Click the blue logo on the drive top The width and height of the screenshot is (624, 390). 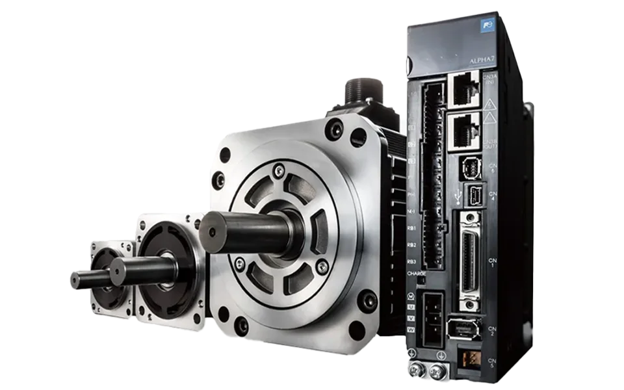[487, 28]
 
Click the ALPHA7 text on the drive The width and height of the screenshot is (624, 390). [482, 62]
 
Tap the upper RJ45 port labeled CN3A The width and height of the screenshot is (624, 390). [464, 90]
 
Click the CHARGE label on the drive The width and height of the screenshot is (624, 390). [416, 274]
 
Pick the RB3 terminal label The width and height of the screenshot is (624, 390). [411, 261]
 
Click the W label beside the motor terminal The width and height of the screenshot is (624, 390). [411, 329]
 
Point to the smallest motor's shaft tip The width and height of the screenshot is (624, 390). [74, 280]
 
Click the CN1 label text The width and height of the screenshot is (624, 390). [493, 261]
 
